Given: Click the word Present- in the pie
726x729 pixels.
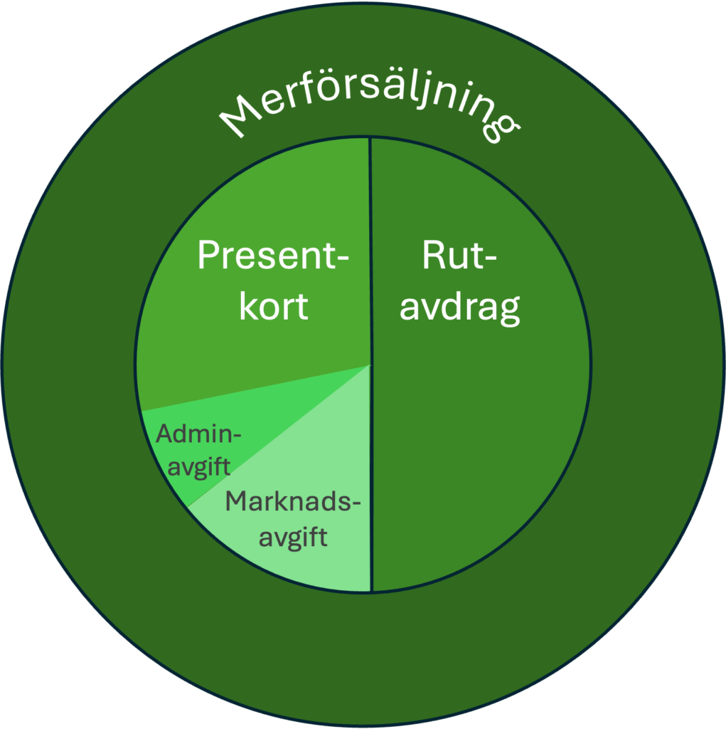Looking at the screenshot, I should pyautogui.click(x=274, y=255).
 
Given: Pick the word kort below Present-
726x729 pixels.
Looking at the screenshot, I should pyautogui.click(x=274, y=306).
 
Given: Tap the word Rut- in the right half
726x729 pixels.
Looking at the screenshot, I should pyautogui.click(x=459, y=255).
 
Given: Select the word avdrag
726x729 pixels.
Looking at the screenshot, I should pyautogui.click(x=459, y=308).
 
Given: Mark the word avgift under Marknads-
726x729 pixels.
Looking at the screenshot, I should pyautogui.click(x=293, y=535).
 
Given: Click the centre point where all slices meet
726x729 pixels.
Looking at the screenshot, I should pyautogui.click(x=371, y=365).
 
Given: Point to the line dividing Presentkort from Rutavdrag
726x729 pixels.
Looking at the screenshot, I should pyautogui.click(x=370, y=214).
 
